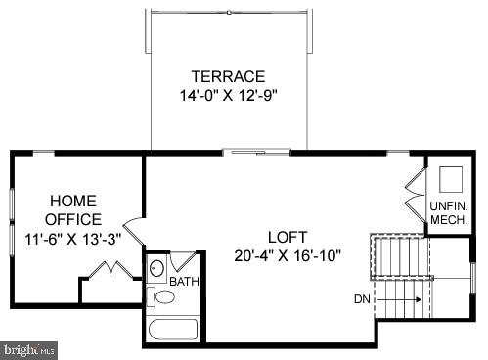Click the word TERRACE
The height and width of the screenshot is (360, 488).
(228, 76)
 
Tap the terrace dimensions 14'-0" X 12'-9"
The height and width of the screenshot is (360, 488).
(228, 96)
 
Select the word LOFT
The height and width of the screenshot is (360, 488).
(288, 237)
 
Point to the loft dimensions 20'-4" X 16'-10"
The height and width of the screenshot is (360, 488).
(288, 256)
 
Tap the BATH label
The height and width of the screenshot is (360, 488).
(184, 282)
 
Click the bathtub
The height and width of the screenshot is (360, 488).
(172, 329)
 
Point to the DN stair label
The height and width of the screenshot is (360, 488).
(362, 299)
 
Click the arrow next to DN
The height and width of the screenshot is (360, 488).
(403, 299)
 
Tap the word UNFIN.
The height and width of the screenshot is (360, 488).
(448, 205)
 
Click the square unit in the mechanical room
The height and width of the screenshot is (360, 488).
(451, 179)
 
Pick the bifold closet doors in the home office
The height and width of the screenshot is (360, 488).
(111, 270)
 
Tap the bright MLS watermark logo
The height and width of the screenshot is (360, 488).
(29, 347)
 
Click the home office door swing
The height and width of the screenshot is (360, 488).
(134, 232)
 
